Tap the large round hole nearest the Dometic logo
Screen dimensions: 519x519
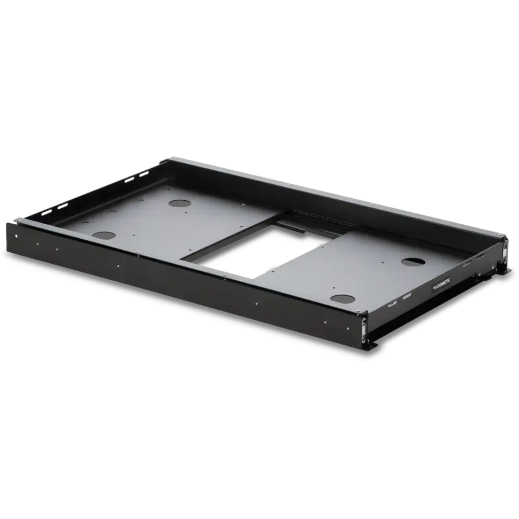point(343,298)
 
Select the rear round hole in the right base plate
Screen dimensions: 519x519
point(413,261)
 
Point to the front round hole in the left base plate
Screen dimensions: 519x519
point(104,235)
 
